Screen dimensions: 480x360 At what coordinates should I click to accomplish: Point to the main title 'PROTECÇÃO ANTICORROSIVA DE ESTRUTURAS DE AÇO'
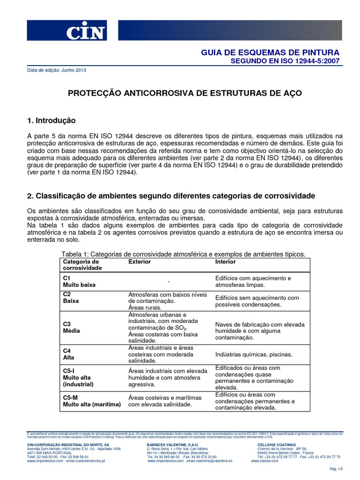coord(185,93)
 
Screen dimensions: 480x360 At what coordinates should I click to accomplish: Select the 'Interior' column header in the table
coord(225,261)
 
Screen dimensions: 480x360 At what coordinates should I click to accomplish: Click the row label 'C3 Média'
coord(71,327)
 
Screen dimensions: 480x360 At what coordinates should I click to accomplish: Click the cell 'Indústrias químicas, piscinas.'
coord(254,354)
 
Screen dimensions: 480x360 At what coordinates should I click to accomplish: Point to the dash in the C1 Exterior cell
coord(167,281)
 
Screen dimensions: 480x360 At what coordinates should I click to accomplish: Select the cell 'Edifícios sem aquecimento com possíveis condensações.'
coord(257,301)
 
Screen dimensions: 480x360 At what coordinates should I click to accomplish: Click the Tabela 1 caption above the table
coord(184,254)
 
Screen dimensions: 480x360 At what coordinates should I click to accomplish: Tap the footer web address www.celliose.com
coord(265,461)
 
